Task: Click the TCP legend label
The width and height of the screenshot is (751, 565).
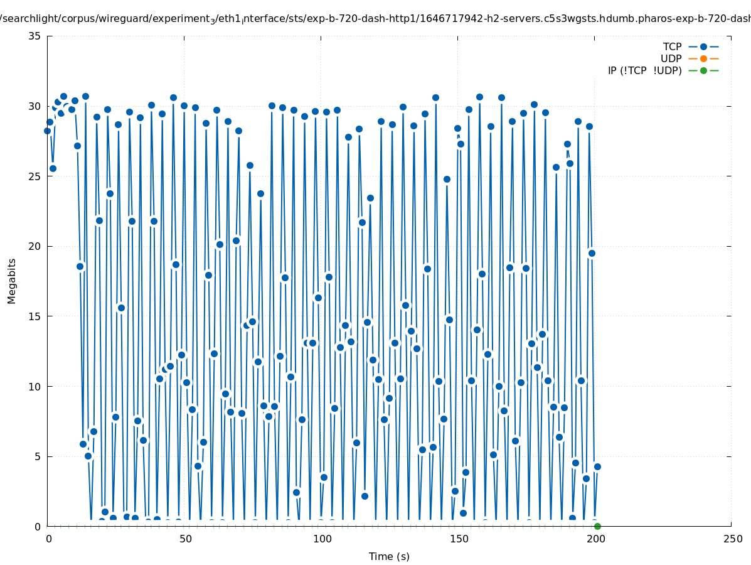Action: [x=672, y=46]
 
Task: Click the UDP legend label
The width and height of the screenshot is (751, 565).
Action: [x=671, y=58]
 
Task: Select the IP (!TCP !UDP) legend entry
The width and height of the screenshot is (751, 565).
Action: [x=644, y=70]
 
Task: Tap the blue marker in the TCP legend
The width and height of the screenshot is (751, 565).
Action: [x=703, y=46]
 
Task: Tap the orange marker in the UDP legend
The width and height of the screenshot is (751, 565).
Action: [x=703, y=58]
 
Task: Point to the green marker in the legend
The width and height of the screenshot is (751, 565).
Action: [x=703, y=70]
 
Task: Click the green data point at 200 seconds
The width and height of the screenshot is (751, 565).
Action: [x=597, y=526]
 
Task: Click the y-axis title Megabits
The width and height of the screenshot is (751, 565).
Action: [x=12, y=281]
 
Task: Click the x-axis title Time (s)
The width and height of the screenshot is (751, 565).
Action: [x=389, y=556]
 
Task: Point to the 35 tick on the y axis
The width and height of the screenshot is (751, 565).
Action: [x=35, y=36]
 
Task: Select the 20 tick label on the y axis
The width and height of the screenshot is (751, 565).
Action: [x=35, y=246]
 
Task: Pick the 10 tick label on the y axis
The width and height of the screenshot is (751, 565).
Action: [x=35, y=386]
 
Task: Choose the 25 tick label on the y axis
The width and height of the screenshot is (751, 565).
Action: [x=35, y=176]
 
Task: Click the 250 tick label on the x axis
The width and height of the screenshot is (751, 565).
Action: [x=732, y=539]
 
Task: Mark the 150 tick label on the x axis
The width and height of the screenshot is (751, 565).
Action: [x=458, y=539]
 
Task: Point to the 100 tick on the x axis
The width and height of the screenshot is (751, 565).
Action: [x=322, y=539]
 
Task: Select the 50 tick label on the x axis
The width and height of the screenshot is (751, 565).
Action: [x=185, y=539]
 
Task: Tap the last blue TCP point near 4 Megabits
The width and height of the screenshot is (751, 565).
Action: [x=597, y=466]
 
